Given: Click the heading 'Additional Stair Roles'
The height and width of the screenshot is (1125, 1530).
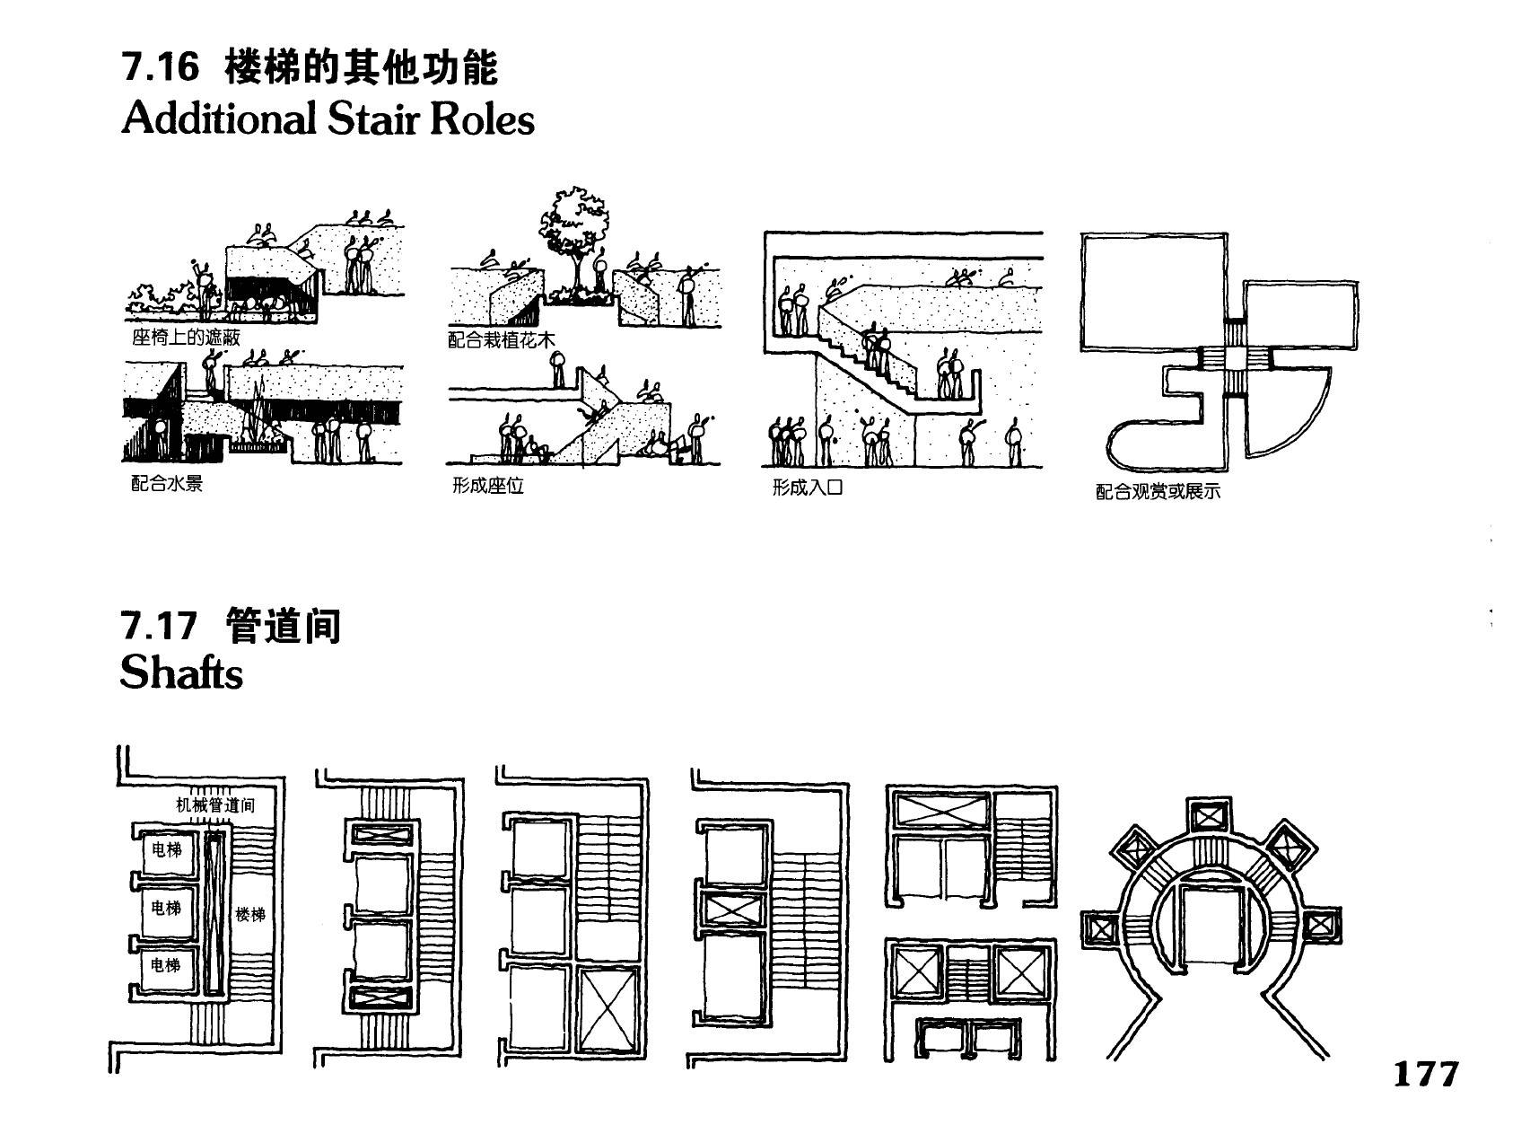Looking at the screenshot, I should click(x=328, y=119).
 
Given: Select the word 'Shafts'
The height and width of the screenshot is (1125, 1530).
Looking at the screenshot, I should click(x=181, y=672).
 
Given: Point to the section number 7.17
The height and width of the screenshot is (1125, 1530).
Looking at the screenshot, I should click(x=158, y=626).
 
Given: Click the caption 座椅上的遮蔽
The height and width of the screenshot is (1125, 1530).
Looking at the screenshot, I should click(x=186, y=338).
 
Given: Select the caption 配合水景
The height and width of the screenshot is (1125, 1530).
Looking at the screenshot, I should click(x=167, y=484).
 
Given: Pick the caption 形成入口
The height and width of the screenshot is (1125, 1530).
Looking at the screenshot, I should click(x=808, y=488).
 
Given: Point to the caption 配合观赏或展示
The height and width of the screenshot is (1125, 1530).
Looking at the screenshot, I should click(x=1158, y=492).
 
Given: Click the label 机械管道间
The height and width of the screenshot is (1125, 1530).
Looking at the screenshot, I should click(x=215, y=805).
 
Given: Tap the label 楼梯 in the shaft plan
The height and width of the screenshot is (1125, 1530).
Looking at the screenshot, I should click(x=250, y=915).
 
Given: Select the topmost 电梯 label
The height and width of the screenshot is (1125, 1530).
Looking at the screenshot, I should click(x=167, y=849).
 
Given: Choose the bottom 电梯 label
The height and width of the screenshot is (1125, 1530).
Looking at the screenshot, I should click(x=165, y=965).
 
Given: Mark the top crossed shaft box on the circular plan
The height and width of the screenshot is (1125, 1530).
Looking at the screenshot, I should click(x=1207, y=816).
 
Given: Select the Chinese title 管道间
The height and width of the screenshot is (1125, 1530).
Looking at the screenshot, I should click(x=284, y=626).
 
